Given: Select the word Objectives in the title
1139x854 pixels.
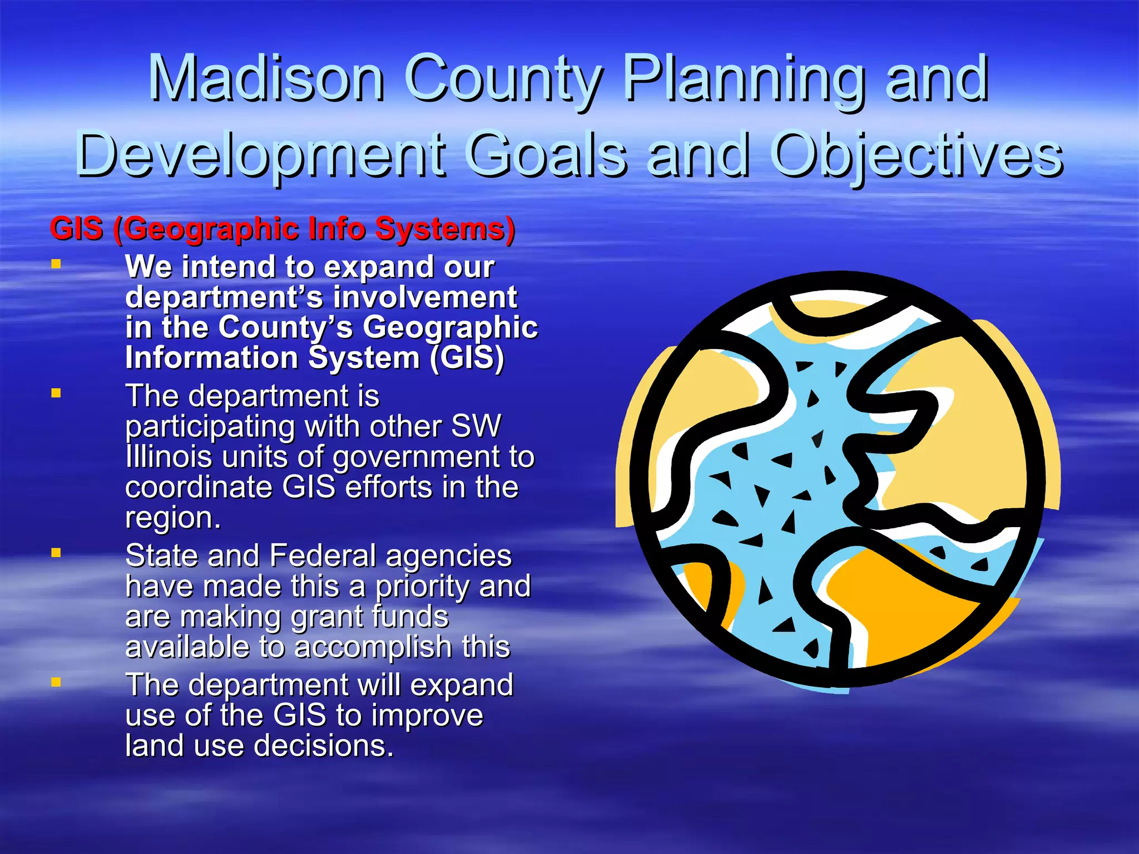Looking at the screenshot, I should coord(918,155).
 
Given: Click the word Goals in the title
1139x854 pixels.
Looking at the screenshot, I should coord(547,155).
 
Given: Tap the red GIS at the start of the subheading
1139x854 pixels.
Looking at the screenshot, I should coord(77,229).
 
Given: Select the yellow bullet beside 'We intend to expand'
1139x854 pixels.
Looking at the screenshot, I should coord(56,264).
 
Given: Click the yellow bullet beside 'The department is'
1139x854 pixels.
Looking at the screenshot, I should coord(56,394).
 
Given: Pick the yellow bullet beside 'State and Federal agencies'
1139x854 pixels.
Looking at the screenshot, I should coord(56,553).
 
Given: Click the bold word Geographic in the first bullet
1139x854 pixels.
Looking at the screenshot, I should coord(450,328).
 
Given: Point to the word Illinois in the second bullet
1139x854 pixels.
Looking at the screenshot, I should coord(169,457).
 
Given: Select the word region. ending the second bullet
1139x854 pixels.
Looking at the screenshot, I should coord(173,518).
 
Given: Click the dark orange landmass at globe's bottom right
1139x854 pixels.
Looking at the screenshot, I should coord(901,606).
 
